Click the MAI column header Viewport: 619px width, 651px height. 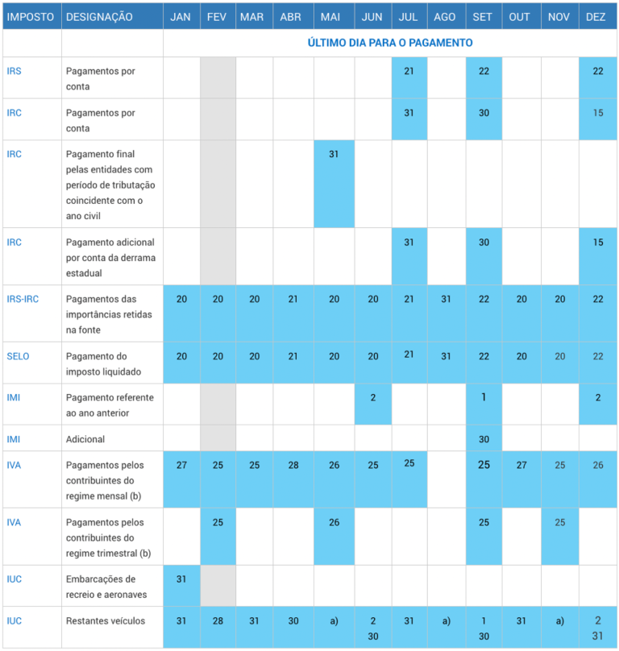point(330,17)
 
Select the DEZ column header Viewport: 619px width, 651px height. point(597,17)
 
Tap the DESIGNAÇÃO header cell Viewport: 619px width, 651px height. point(99,17)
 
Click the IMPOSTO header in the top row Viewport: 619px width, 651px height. point(31,17)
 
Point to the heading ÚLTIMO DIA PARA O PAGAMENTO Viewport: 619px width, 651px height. point(390,43)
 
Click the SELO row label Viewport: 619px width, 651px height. point(18,356)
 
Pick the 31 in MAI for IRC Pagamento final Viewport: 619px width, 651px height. point(334,154)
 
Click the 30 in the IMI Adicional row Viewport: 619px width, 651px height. point(484,439)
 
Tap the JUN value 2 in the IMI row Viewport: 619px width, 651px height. point(372,397)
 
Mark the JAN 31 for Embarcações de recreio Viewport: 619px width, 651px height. point(181,579)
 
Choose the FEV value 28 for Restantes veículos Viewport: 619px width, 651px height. point(218,621)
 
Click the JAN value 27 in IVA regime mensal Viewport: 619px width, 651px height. point(181,465)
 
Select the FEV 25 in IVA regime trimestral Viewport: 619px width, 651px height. point(218,522)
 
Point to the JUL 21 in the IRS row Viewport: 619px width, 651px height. point(409,71)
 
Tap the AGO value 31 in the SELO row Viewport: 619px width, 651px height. point(445,356)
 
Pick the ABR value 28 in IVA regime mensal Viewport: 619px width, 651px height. point(293,465)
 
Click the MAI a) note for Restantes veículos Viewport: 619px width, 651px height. point(334,621)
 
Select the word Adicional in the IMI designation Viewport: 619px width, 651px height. point(85,440)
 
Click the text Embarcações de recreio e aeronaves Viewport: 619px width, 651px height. point(101,587)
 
